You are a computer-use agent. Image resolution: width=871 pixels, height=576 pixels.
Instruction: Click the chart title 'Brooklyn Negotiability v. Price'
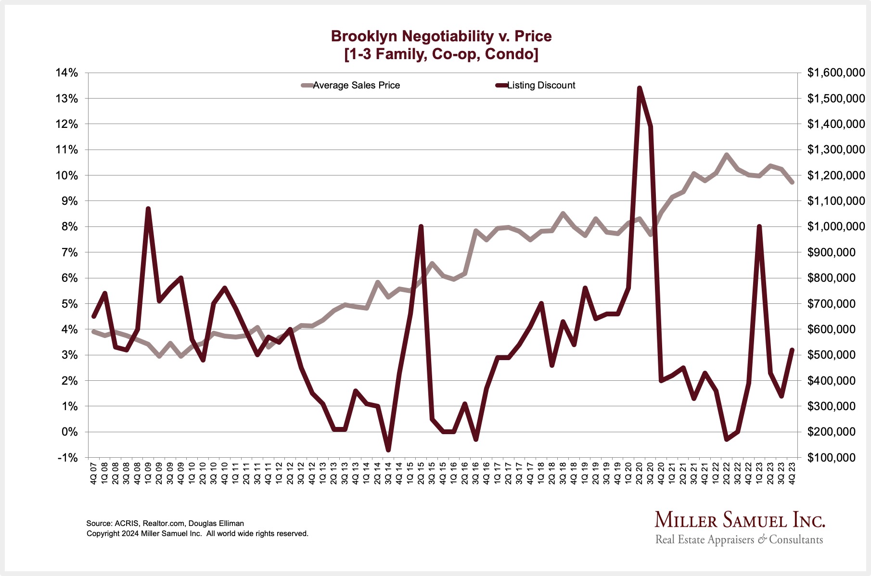(x=441, y=36)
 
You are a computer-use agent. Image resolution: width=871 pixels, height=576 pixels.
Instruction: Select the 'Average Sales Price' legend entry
(x=356, y=86)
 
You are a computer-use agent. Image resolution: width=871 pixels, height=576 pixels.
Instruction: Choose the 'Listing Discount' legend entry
(x=541, y=86)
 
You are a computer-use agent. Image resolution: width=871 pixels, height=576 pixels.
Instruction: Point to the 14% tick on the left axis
(x=66, y=73)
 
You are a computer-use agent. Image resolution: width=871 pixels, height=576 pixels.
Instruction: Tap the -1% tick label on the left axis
(x=67, y=458)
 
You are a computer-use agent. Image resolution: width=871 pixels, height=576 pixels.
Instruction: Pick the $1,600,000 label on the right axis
(x=836, y=73)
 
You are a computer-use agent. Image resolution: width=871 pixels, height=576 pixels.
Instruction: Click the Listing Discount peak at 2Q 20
(x=639, y=88)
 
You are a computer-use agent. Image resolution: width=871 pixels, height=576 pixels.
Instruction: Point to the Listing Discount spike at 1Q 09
(x=148, y=209)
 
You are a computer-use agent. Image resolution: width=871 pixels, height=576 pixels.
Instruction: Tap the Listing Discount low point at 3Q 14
(x=388, y=450)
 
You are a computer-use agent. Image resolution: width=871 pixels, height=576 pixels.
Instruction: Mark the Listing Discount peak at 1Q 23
(x=759, y=226)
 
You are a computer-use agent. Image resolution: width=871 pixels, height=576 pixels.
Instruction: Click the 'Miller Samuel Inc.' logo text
(x=740, y=520)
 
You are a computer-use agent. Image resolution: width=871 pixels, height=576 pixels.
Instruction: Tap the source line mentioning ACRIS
(x=165, y=523)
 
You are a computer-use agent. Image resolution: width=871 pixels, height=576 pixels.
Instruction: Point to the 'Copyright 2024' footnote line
(x=197, y=534)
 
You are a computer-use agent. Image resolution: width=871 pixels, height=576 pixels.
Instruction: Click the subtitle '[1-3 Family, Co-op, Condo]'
(x=441, y=54)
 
